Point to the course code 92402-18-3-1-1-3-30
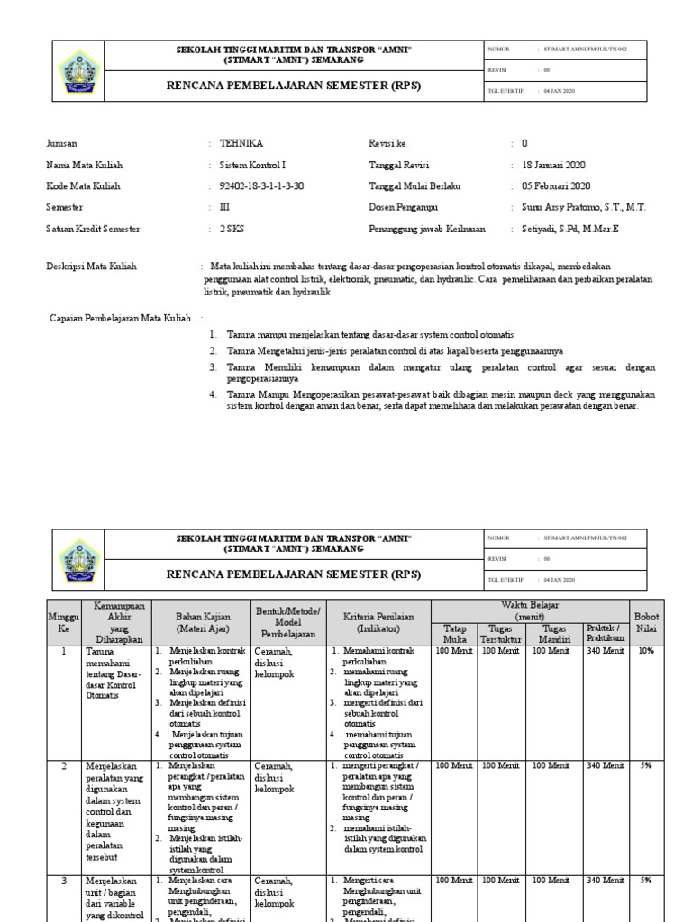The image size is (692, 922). tap(261, 186)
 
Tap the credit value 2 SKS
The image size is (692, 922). tap(232, 230)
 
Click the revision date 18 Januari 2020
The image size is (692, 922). tap(554, 166)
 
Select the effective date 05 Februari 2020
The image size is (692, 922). tap(556, 186)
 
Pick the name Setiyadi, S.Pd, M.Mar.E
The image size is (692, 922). tap(570, 230)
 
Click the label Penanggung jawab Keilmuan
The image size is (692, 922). tap(427, 230)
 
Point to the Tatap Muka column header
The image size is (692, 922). tap(455, 633)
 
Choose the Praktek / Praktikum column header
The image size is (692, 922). tap(605, 633)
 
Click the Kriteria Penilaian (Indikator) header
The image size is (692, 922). tap(378, 621)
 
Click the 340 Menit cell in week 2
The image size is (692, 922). tap(605, 765)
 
